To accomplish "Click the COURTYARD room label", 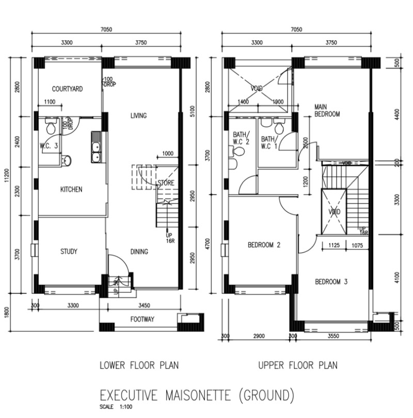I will [x=67, y=89].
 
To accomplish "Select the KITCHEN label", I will [x=71, y=190].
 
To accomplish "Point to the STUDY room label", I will [x=69, y=252].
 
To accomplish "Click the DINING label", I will [x=139, y=252].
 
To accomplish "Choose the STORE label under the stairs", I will [x=166, y=183].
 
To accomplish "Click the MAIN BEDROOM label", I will [x=327, y=110].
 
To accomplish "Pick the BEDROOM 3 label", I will [x=331, y=282].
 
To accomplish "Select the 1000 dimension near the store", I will [x=167, y=154].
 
